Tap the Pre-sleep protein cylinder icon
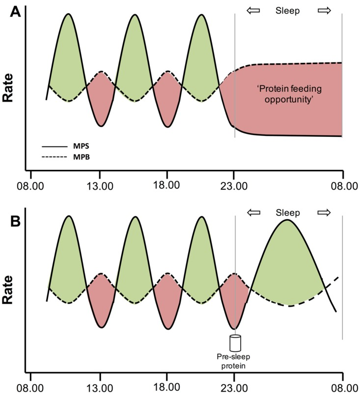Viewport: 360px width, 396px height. tap(235, 342)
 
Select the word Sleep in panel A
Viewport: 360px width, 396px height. tap(288, 11)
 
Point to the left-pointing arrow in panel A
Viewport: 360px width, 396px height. tap(252, 11)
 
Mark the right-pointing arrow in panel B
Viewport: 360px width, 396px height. tap(324, 212)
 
